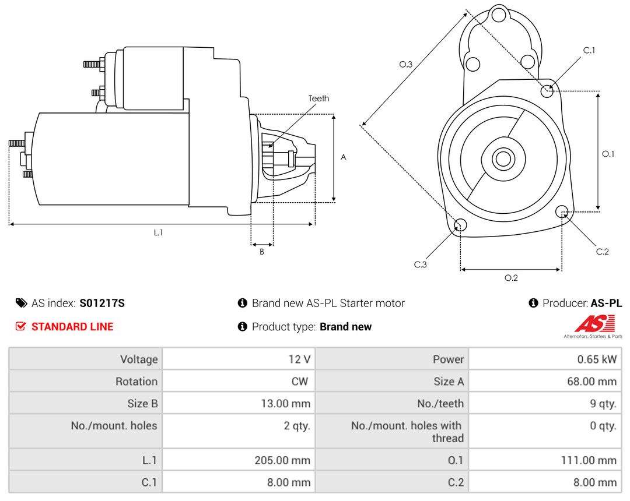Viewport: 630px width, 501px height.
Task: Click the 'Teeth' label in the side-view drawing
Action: [x=318, y=98]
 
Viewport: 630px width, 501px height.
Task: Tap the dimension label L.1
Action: [x=158, y=232]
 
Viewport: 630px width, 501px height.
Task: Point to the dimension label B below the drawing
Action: [x=262, y=252]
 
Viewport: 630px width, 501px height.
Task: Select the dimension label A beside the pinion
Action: [x=344, y=157]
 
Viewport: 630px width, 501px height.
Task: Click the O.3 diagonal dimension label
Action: [x=406, y=65]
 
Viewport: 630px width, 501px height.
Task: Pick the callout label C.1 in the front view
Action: [x=589, y=51]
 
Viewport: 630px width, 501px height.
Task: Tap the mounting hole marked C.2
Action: [x=562, y=211]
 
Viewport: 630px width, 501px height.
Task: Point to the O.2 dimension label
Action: [x=511, y=278]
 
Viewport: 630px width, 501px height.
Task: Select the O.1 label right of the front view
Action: [x=608, y=154]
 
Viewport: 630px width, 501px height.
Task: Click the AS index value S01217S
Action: [x=102, y=303]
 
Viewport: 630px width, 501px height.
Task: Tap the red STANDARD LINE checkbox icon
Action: [x=21, y=327]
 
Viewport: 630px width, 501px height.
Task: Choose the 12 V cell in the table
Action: [x=299, y=359]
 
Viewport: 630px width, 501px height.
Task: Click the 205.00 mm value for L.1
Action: [x=282, y=460]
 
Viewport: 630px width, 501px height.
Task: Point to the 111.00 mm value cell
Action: [x=588, y=460]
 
